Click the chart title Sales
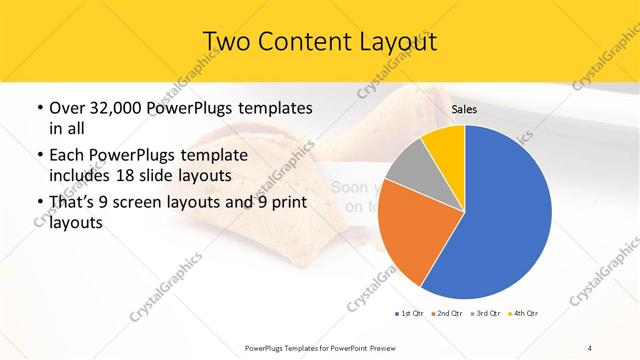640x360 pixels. pyautogui.click(x=464, y=109)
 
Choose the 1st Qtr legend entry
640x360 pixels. pyautogui.click(x=409, y=314)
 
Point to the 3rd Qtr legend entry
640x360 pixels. pyautogui.click(x=485, y=314)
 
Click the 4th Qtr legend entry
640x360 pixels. pyautogui.click(x=524, y=314)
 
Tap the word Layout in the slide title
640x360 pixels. pyautogui.click(x=392, y=41)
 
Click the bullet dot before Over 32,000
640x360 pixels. pyautogui.click(x=37, y=108)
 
